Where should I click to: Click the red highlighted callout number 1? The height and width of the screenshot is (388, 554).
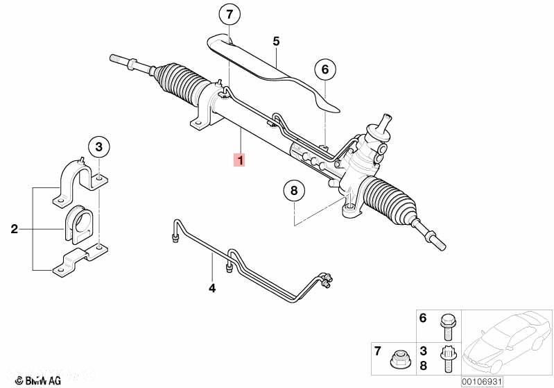click(239, 161)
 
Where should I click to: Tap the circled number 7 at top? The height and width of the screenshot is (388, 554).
click(230, 14)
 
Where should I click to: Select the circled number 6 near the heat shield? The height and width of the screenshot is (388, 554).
click(324, 69)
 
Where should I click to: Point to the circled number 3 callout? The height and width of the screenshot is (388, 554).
click(99, 146)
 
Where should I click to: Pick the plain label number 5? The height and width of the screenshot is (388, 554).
click(275, 42)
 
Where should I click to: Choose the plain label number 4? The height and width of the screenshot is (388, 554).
click(212, 287)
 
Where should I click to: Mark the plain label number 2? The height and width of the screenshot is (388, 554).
click(15, 228)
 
